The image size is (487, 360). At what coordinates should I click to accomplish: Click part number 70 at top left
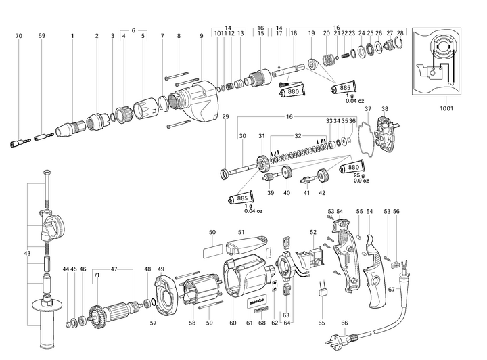pyautogui.click(x=19, y=35)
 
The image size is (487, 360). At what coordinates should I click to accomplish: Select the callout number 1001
pyautogui.click(x=446, y=108)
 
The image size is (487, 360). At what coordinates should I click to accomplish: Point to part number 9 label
pyautogui.click(x=202, y=35)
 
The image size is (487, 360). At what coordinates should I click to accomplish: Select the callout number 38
pyautogui.click(x=385, y=108)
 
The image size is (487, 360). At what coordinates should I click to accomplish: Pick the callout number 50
pyautogui.click(x=212, y=233)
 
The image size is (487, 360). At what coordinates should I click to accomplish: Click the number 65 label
pyautogui.click(x=322, y=323)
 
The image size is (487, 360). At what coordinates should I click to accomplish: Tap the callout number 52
pyautogui.click(x=313, y=233)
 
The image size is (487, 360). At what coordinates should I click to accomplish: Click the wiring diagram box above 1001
pyautogui.click(x=446, y=62)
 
